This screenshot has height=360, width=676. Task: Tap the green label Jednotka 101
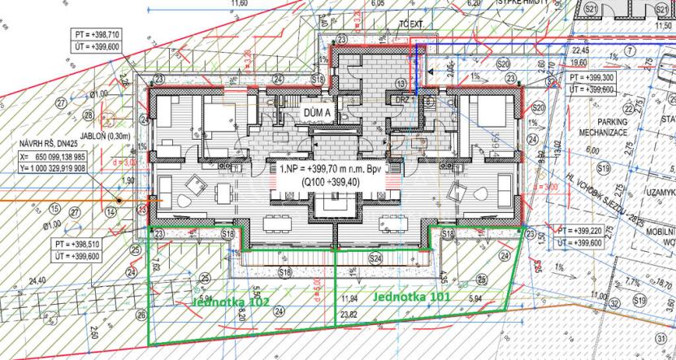coord(413,297)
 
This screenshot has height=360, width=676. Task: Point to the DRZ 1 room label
coord(401,103)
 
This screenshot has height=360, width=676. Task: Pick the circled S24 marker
coord(375,258)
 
